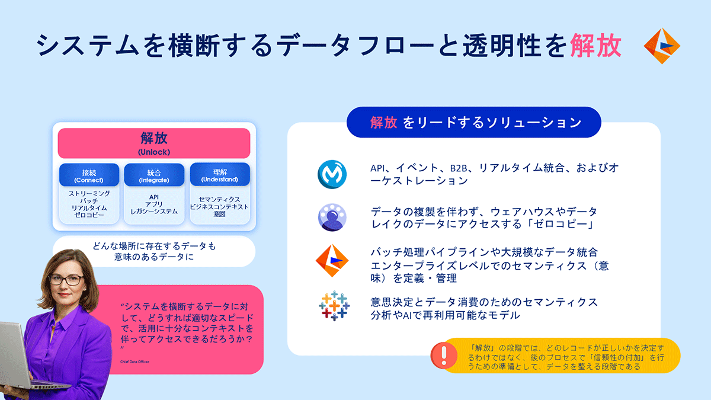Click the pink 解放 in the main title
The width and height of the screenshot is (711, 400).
point(595,46)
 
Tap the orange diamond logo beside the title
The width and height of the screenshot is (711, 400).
point(662,46)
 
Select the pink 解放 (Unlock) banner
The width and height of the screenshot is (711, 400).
point(154,143)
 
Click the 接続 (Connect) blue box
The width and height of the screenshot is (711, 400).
point(89,175)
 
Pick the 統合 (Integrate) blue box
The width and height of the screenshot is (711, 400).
point(154,175)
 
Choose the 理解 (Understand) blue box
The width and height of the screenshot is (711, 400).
point(220,174)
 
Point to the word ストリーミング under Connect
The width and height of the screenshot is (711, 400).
point(89,193)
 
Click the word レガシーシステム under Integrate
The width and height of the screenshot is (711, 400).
point(154,212)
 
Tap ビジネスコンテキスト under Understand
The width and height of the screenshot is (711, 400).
point(219,207)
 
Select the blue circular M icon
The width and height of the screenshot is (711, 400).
point(332,174)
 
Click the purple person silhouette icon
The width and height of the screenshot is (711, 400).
point(332,217)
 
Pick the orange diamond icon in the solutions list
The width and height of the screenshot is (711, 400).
point(332,261)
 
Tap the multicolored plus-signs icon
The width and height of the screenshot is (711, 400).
point(334,306)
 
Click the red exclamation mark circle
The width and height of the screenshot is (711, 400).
point(444,356)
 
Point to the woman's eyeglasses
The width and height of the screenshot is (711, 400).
point(66,280)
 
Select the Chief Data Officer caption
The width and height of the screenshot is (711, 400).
point(134,361)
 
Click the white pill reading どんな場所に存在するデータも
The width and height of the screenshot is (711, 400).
point(154,251)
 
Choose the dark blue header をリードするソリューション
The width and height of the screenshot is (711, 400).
point(474,122)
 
